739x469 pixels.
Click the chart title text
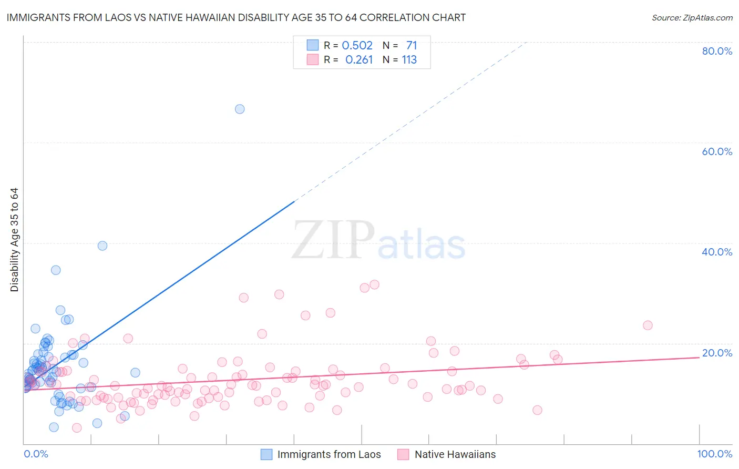click(x=236, y=17)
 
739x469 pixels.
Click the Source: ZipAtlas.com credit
click(x=692, y=17)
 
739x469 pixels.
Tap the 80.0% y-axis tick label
click(x=717, y=51)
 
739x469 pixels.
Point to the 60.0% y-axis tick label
click(x=717, y=151)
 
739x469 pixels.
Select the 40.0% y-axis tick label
click(x=717, y=252)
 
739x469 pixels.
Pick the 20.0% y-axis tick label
click(x=717, y=353)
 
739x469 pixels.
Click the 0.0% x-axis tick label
click(x=36, y=454)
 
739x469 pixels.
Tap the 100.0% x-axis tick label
click(x=714, y=454)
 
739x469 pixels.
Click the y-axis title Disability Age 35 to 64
click(x=14, y=240)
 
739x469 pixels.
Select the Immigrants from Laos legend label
click(x=329, y=455)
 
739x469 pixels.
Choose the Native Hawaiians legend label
click(x=455, y=455)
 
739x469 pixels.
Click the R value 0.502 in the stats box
click(x=357, y=46)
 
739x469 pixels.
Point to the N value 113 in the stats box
click(x=409, y=60)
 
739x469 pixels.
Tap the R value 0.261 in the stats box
click(x=359, y=60)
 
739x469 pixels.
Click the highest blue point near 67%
click(x=240, y=109)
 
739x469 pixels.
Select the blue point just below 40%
click(x=102, y=246)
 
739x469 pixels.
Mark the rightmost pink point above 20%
click(x=648, y=325)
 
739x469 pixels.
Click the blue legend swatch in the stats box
click(x=313, y=45)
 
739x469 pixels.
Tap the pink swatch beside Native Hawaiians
click(x=403, y=455)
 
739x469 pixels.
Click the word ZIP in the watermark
click(x=333, y=240)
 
